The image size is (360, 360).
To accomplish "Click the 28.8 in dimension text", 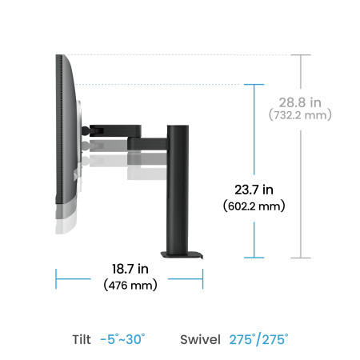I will coord(300,102).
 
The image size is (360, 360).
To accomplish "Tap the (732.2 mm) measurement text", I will coord(300,115).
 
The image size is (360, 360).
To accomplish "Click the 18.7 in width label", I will coord(129,271).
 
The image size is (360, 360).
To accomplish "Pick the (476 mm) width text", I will coord(129,286).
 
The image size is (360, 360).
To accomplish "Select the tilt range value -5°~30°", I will coord(122,339).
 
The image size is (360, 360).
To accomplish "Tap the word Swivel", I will coord(201,339).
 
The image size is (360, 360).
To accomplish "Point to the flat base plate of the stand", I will coord(182,255).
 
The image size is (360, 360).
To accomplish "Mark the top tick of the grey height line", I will coord(300,55).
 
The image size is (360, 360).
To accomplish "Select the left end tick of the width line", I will coord(56,279).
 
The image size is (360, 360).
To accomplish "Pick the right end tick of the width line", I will coord(203,279).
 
